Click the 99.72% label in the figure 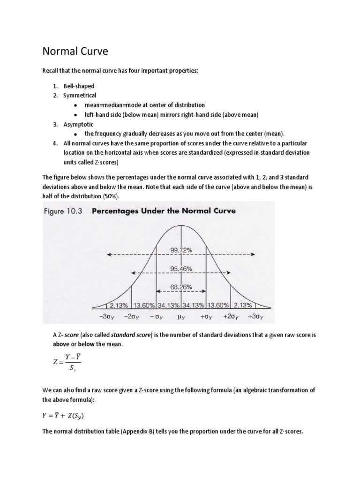pyautogui.click(x=181, y=250)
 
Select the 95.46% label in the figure pyautogui.click(x=181, y=270)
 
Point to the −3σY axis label pyautogui.click(x=108, y=316)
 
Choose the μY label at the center pyautogui.click(x=182, y=316)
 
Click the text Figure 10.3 pyautogui.click(x=63, y=211)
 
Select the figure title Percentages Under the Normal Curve pyautogui.click(x=164, y=211)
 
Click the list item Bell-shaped pyautogui.click(x=79, y=86)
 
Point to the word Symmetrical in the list pyautogui.click(x=80, y=96)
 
